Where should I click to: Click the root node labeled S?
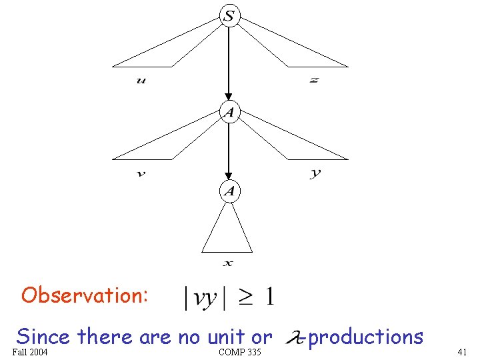coord(229,16)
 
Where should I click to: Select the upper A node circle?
coord(229,112)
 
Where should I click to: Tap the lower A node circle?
coord(229,192)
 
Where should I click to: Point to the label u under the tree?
coord(141,81)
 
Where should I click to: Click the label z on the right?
coord(314,81)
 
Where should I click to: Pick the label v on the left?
coord(141,174)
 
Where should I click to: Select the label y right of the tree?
coord(315,173)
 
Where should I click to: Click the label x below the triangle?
coord(228,263)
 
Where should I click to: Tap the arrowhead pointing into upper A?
coord(229,98)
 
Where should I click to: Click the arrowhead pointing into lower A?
coord(229,178)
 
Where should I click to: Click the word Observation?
coord(85,295)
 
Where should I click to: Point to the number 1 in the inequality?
coord(268,297)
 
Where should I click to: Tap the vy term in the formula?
coord(205,299)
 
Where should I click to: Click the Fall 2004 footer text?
coord(30,351)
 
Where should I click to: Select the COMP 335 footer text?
coord(239,351)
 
